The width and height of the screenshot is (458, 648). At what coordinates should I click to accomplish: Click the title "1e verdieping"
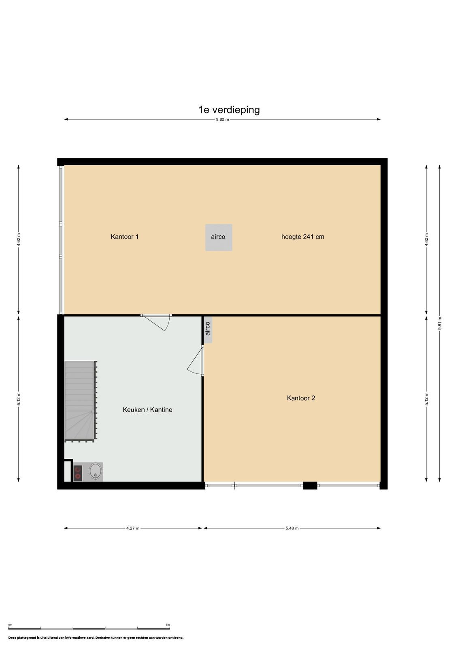(x=229, y=110)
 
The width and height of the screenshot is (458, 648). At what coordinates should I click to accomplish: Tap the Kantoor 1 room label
(x=124, y=237)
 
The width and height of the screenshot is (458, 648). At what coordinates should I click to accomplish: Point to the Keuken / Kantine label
(x=147, y=409)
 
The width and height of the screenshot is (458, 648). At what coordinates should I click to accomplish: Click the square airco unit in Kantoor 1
(x=218, y=237)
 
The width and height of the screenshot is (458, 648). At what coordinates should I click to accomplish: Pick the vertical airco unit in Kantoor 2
(x=208, y=329)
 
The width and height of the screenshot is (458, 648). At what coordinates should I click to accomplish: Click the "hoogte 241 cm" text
(x=302, y=237)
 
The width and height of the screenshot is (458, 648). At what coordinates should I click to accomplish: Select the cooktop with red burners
(x=77, y=473)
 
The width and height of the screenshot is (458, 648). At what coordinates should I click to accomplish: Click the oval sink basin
(x=95, y=471)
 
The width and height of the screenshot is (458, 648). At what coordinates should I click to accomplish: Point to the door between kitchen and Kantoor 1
(x=156, y=322)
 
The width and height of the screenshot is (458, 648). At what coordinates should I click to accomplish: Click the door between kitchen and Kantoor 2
(x=196, y=360)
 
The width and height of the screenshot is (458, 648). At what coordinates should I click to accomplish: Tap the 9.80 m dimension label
(x=222, y=119)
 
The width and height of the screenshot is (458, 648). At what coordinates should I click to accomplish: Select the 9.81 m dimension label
(x=439, y=323)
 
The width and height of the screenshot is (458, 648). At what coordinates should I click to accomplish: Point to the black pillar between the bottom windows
(x=310, y=485)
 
